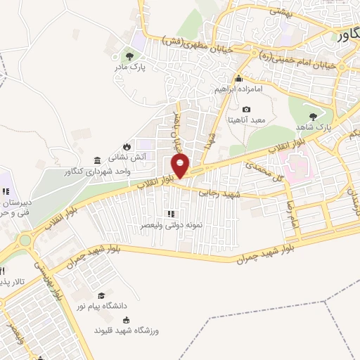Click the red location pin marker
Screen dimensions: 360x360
tap(181, 167)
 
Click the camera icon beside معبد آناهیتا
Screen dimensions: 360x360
tap(246, 109)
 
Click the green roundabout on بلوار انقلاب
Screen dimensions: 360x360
tap(25, 240)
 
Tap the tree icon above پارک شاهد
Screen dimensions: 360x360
tap(313, 116)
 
